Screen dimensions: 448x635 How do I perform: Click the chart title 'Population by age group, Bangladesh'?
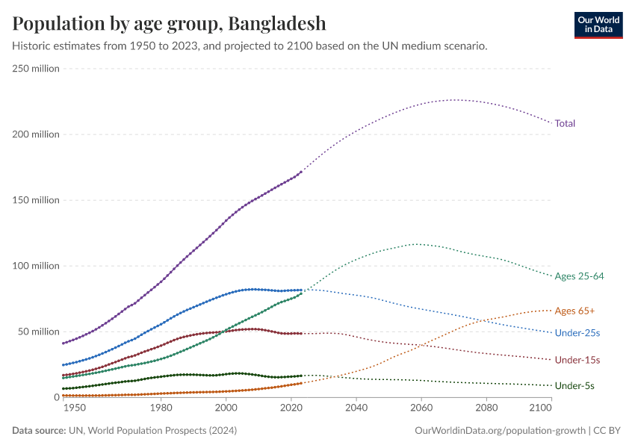[x=169, y=23]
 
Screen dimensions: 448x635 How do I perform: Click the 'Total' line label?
[x=565, y=123]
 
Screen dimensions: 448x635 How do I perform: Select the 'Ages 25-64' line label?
[x=579, y=276]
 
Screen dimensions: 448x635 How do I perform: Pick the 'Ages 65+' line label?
[x=574, y=311]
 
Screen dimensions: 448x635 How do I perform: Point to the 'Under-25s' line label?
[x=577, y=332]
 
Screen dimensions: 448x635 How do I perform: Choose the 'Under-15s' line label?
[x=577, y=360]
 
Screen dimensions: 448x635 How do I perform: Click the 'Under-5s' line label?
[x=574, y=386]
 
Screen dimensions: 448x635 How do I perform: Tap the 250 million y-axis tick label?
[x=36, y=69]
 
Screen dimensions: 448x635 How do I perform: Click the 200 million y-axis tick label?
[x=36, y=134]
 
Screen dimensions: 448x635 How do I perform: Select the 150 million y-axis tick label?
[x=36, y=200]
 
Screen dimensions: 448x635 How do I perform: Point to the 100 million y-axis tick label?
[x=36, y=266]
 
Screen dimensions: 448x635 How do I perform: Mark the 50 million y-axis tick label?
[x=38, y=332]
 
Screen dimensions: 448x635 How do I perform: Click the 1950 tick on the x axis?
[x=74, y=408]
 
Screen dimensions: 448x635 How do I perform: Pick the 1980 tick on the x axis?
[x=161, y=408]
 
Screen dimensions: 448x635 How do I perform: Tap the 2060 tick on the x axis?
[x=421, y=408]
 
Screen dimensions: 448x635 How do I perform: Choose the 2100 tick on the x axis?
[x=539, y=408]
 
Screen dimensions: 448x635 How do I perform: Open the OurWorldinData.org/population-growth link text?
[x=499, y=431]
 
